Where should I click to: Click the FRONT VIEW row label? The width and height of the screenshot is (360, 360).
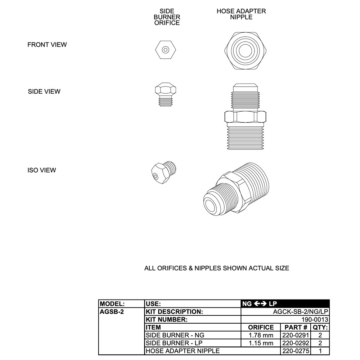click(47, 45)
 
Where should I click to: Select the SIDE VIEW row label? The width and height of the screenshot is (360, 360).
click(44, 91)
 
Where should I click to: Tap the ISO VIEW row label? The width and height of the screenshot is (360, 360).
click(42, 170)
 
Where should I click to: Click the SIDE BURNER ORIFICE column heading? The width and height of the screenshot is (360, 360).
click(167, 17)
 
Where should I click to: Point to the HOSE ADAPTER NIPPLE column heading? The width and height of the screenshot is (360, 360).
click(241, 14)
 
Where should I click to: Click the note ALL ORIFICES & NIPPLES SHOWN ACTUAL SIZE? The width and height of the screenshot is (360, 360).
click(217, 268)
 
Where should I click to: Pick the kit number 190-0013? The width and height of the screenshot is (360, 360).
click(315, 320)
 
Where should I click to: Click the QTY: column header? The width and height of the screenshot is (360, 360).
click(320, 328)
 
